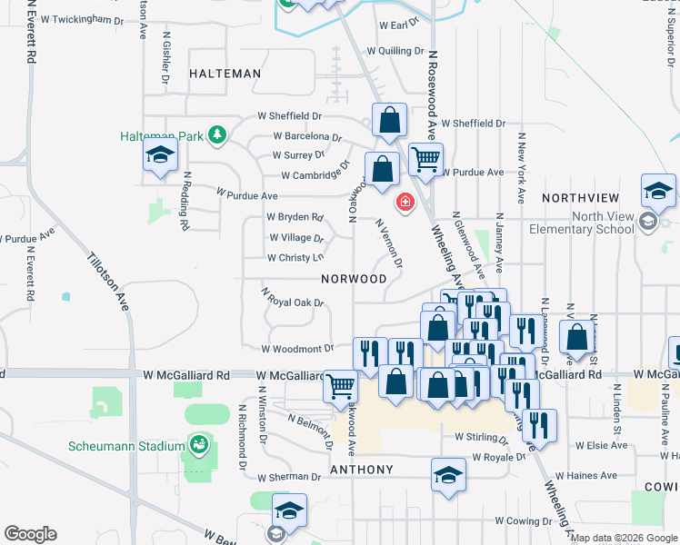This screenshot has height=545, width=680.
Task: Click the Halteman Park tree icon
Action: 216,136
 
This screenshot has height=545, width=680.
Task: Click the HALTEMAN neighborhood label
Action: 225,74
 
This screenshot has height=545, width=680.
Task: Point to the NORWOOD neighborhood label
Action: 354,279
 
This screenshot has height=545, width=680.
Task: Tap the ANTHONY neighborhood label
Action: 361,470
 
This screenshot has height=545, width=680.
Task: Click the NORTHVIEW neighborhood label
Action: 580,198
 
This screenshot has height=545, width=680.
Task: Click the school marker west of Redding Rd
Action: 160,156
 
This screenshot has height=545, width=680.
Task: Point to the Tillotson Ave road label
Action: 108,282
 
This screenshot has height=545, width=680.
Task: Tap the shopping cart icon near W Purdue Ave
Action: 425,160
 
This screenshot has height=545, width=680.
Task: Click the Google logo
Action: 30,534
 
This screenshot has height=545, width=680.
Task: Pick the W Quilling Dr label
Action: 395,52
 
